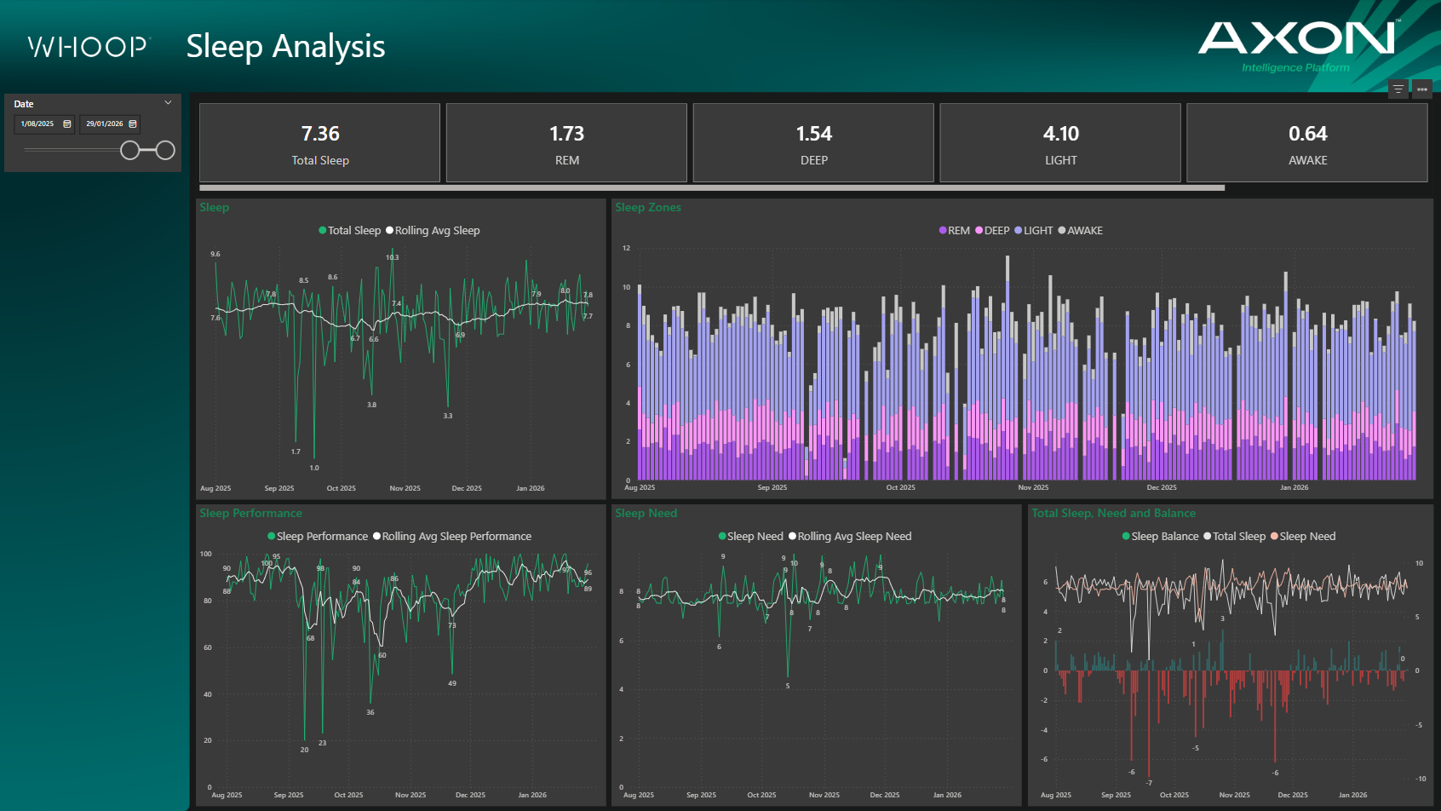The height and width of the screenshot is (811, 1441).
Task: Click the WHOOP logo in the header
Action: [x=89, y=46]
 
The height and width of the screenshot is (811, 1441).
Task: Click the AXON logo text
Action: [x=1295, y=38]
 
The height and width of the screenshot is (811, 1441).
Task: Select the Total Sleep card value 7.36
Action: [x=320, y=134]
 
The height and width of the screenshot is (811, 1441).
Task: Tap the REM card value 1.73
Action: [x=566, y=134]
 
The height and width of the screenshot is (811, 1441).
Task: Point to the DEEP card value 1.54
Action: [x=813, y=134]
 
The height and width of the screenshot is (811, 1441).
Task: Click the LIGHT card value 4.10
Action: [x=1060, y=134]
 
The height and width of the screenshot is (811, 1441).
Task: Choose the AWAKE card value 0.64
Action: [x=1307, y=134]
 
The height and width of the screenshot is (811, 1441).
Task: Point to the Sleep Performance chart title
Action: [x=250, y=513]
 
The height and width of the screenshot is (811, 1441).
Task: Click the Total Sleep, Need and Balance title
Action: [x=1113, y=513]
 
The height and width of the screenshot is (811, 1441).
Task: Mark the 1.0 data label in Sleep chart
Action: [x=314, y=468]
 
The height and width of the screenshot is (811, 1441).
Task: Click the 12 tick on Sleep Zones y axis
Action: [x=626, y=248]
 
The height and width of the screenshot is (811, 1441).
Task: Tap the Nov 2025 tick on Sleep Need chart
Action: [x=824, y=795]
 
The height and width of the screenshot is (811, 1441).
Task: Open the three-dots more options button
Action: [x=1421, y=89]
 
